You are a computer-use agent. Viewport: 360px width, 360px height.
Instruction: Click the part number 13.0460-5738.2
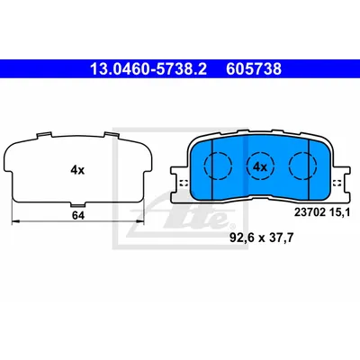[x=148, y=69]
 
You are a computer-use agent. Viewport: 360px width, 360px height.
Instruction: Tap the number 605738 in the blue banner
[x=254, y=69]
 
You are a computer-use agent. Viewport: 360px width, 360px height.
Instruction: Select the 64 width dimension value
[x=78, y=215]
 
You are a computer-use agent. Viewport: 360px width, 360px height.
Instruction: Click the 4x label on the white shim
[x=77, y=170]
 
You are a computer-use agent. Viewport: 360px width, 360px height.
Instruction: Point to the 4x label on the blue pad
[x=260, y=167]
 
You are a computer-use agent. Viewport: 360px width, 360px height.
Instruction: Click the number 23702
[x=310, y=212]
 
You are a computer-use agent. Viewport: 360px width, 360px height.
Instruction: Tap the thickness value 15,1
[x=339, y=212]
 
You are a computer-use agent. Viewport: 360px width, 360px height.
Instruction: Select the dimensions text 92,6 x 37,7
[x=261, y=238]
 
